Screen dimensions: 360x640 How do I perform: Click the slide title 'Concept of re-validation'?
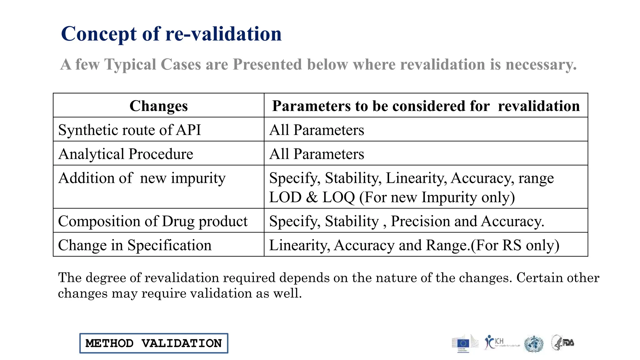pyautogui.click(x=171, y=34)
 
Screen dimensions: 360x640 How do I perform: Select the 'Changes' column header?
pyautogui.click(x=158, y=106)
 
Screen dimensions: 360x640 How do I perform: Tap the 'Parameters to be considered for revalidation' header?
pyautogui.click(x=426, y=106)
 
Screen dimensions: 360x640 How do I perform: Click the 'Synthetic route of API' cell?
pyautogui.click(x=129, y=130)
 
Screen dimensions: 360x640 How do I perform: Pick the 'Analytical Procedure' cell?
pyautogui.click(x=126, y=154)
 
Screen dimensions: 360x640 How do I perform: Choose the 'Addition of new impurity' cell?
pyautogui.click(x=142, y=178)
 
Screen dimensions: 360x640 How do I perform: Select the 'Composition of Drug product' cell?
pyautogui.click(x=152, y=221)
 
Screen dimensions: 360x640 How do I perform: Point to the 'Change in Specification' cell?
pyautogui.click(x=135, y=245)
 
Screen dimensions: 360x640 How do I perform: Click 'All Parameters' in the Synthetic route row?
pyautogui.click(x=317, y=130)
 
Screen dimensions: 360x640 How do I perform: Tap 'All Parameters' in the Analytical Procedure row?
pyautogui.click(x=317, y=154)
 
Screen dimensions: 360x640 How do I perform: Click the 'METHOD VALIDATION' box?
pyautogui.click(x=154, y=343)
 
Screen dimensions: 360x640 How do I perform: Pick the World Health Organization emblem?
pyautogui.click(x=534, y=344)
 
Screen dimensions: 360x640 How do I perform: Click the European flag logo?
pyautogui.click(x=463, y=343)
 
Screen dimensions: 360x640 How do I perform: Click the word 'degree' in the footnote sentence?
pyautogui.click(x=105, y=278)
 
